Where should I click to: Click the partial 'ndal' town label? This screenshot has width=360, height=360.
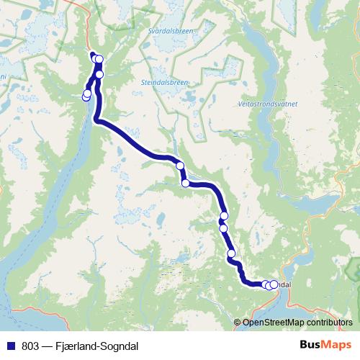284,284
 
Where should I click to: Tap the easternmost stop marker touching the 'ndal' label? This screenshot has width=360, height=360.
274,284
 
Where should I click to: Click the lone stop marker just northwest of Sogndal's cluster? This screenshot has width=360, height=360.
231,253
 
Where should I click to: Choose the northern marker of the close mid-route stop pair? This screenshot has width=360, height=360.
224,216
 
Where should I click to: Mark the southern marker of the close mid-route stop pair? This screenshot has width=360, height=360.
223,228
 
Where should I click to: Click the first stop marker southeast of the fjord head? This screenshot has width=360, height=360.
180,166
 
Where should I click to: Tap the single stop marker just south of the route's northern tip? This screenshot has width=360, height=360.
99,74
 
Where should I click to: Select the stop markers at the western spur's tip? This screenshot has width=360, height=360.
86,94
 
